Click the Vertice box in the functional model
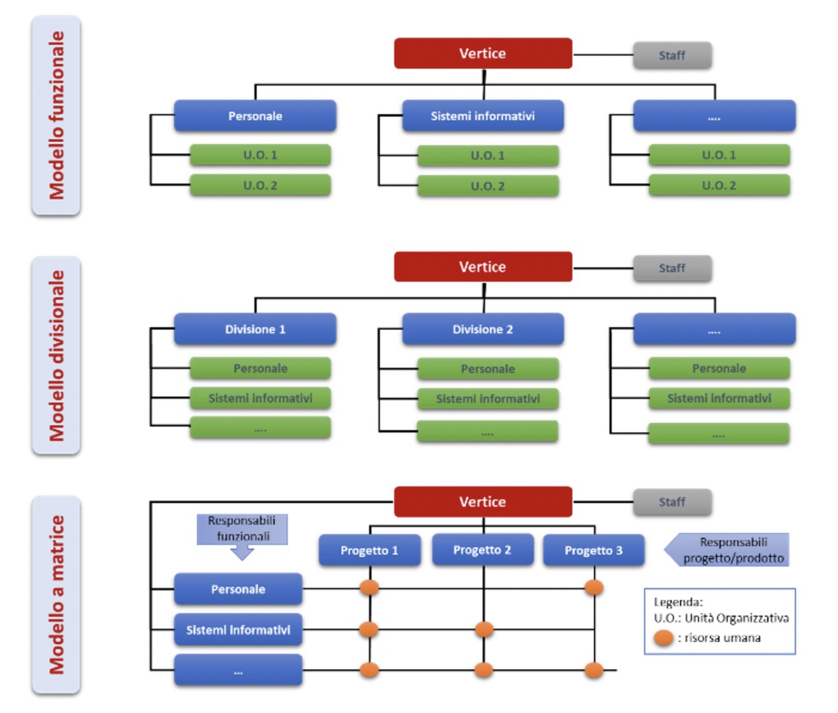tap(482, 54)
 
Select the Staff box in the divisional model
tap(672, 268)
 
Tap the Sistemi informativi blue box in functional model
tap(482, 116)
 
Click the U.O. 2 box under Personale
tap(260, 185)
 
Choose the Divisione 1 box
tap(255, 329)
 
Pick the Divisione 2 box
tap(482, 329)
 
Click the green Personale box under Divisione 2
tap(488, 369)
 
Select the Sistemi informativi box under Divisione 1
tap(260, 397)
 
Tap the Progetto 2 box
tap(482, 550)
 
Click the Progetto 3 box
tap(593, 551)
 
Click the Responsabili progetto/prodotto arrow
tap(726, 550)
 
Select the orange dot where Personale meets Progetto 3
tap(594, 588)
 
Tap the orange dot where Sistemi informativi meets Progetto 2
tap(483, 629)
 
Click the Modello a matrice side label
tap(56, 594)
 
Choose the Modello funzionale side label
tap(56, 116)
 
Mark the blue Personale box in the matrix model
tap(238, 589)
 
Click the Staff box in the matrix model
tap(672, 502)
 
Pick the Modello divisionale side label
tap(56, 355)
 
